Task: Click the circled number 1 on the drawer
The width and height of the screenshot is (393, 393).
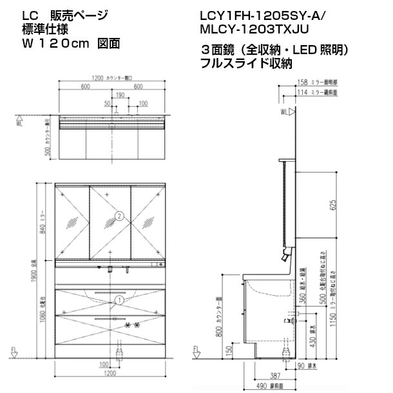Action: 119,300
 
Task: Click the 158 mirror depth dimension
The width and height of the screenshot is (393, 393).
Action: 302,82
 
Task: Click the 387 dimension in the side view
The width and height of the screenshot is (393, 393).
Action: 274,375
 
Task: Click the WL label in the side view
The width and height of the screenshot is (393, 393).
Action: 283,112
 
